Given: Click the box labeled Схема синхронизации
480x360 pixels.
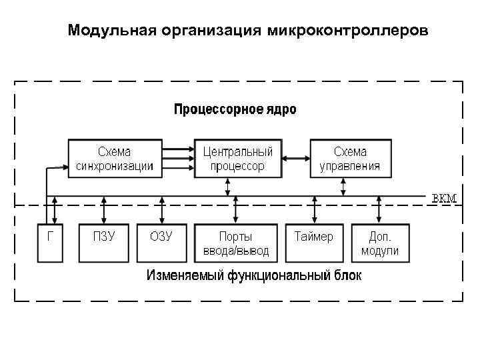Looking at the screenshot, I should click(115, 159).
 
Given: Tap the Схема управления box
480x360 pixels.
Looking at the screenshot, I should click(350, 159).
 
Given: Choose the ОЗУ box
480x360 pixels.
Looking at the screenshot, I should click(161, 243).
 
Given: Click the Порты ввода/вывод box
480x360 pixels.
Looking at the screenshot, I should click(236, 243).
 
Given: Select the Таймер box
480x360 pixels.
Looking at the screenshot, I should click(314, 243).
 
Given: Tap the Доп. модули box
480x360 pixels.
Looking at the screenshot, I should click(379, 243).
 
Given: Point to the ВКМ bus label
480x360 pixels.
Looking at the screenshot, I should click(444, 199).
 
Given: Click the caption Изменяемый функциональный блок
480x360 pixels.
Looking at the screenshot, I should click(254, 275).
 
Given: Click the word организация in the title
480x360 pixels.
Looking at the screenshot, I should click(212, 31).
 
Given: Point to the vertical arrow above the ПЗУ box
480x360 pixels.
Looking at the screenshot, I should click(103, 210).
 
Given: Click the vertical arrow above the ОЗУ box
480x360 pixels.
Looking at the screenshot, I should click(161, 210).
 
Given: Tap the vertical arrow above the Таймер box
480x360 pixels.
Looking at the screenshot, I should click(314, 210).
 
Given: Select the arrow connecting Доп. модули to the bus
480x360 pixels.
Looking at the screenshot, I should click(379, 210).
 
